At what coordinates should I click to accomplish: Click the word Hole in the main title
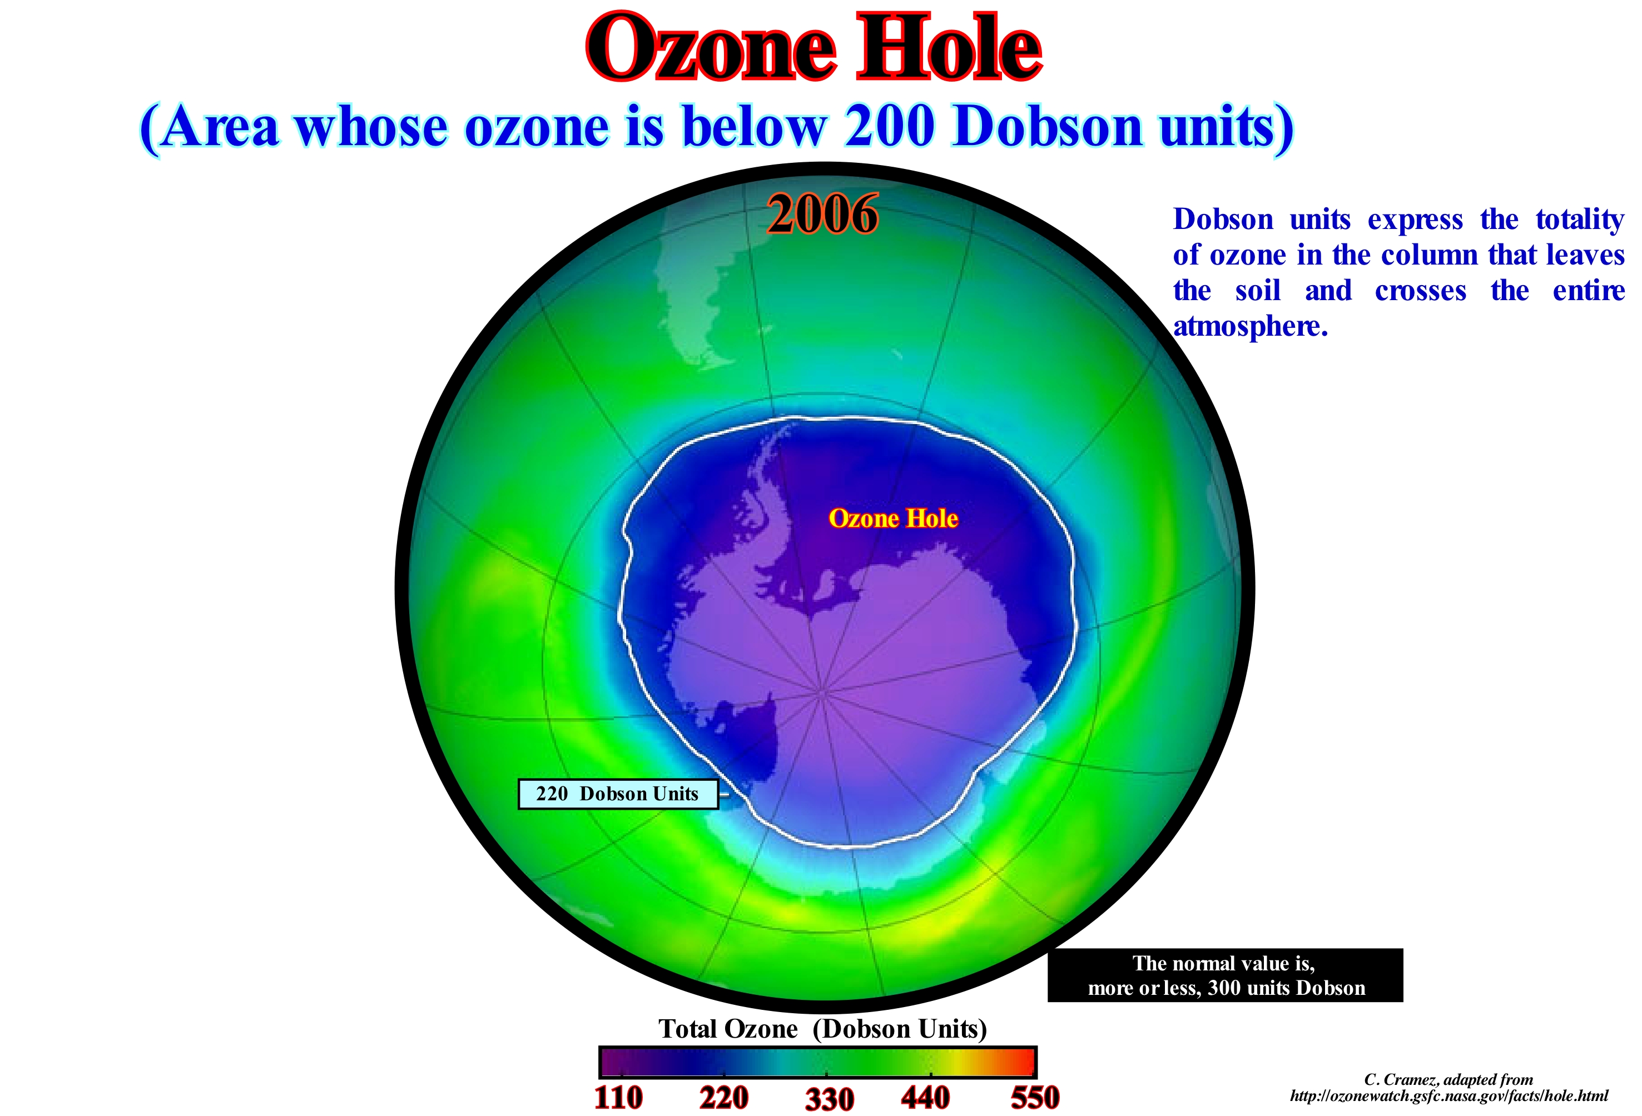[949, 47]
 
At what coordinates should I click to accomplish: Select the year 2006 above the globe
[823, 215]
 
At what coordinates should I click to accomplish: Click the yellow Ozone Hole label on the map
[893, 519]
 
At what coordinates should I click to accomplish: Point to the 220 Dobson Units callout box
[618, 794]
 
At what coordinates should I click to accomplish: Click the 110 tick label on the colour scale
[619, 1098]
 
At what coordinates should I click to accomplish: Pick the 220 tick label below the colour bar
[724, 1098]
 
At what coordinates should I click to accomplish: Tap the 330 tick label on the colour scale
[830, 1099]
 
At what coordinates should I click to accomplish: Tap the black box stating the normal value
[1225, 975]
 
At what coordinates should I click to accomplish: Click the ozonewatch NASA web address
[1448, 1095]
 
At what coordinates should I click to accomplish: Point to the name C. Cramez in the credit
[1398, 1079]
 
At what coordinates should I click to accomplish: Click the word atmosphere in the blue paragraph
[1251, 326]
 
